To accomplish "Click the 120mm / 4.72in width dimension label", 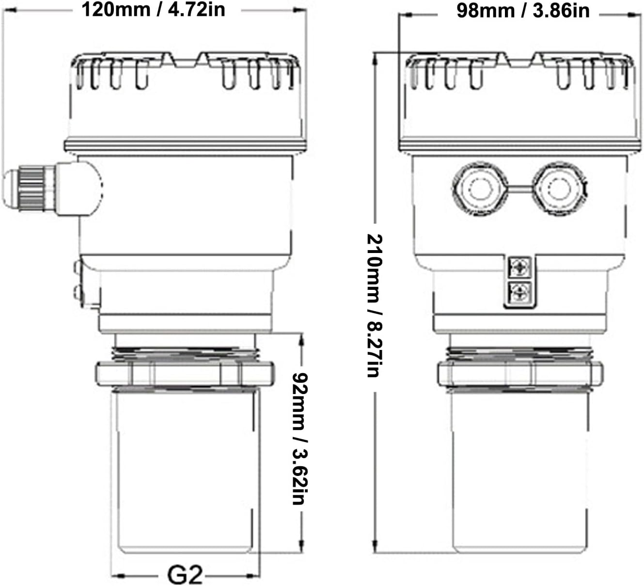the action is (154, 10).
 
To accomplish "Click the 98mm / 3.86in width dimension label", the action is (523, 11).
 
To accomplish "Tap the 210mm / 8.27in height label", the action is (375, 305).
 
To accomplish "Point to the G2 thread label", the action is (185, 575).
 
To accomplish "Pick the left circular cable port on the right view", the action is (480, 189).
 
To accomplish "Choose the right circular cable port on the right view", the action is (560, 189).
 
